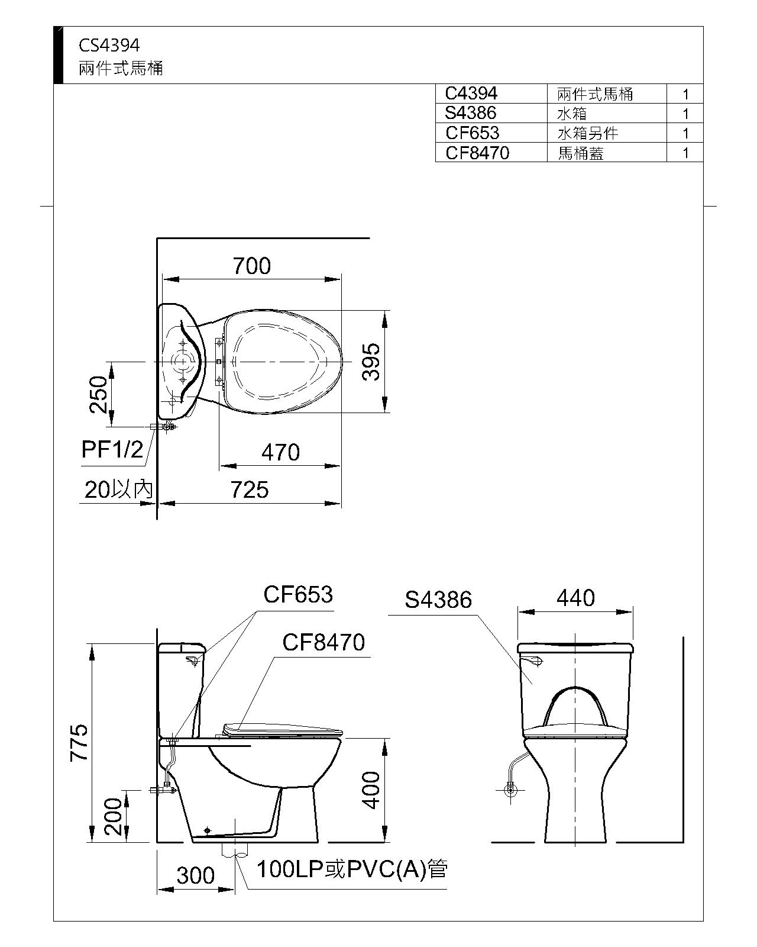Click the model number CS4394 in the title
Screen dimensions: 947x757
109,46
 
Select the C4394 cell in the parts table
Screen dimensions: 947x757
471,93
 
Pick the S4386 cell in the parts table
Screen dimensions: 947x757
470,112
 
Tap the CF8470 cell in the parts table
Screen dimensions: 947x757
477,153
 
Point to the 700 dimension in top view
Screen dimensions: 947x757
251,266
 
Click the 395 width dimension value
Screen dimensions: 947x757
371,361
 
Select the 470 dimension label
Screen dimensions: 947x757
280,453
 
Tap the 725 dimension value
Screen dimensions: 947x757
250,490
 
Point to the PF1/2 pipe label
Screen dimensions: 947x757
112,450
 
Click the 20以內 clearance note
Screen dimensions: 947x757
118,490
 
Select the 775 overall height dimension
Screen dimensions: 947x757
80,742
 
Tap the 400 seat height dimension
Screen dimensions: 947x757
371,790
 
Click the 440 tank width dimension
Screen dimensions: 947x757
575,598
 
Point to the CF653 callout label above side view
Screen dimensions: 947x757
298,594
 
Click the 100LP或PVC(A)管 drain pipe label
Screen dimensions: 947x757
351,869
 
